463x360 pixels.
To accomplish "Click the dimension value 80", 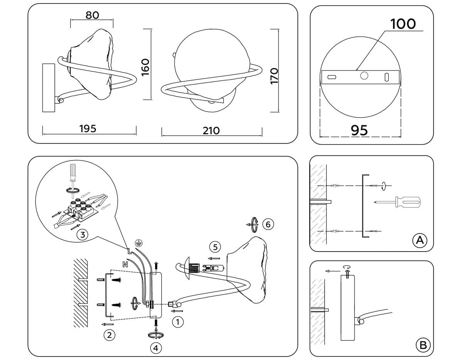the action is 92,15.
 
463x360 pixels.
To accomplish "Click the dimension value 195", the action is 88,128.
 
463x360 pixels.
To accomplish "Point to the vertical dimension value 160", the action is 145,67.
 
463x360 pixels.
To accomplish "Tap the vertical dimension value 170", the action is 274,76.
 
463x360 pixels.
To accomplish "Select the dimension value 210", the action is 211,131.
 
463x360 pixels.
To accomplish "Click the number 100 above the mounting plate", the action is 403,24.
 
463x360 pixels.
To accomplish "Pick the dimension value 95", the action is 359,130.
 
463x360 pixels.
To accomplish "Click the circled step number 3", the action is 83,235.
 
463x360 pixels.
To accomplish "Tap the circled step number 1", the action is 178,322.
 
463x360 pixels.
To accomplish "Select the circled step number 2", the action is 109,335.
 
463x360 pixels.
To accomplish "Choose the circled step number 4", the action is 156,348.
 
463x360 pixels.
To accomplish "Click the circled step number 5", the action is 215,247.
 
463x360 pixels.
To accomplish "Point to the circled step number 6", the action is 268,224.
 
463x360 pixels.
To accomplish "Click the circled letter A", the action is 420,240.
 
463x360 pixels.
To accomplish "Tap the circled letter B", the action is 423,345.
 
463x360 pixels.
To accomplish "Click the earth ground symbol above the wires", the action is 139,243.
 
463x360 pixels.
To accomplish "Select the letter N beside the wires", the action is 125,265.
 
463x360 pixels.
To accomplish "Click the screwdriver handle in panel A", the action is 408,202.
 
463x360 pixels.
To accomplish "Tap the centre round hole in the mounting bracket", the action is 364,76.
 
